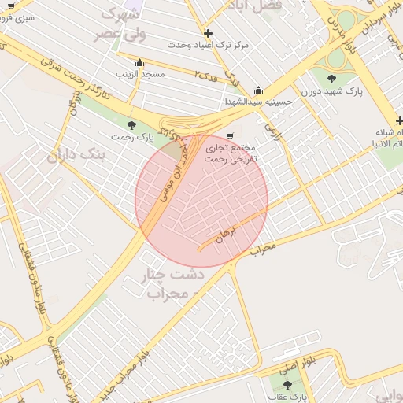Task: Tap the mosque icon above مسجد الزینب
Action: pos(140,63)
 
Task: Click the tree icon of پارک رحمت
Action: pos(131,124)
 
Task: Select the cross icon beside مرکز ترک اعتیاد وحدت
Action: pos(208,34)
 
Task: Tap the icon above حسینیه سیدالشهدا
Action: pos(258,91)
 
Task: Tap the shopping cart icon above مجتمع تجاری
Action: pos(230,136)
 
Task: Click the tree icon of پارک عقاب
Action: pos(287,385)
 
